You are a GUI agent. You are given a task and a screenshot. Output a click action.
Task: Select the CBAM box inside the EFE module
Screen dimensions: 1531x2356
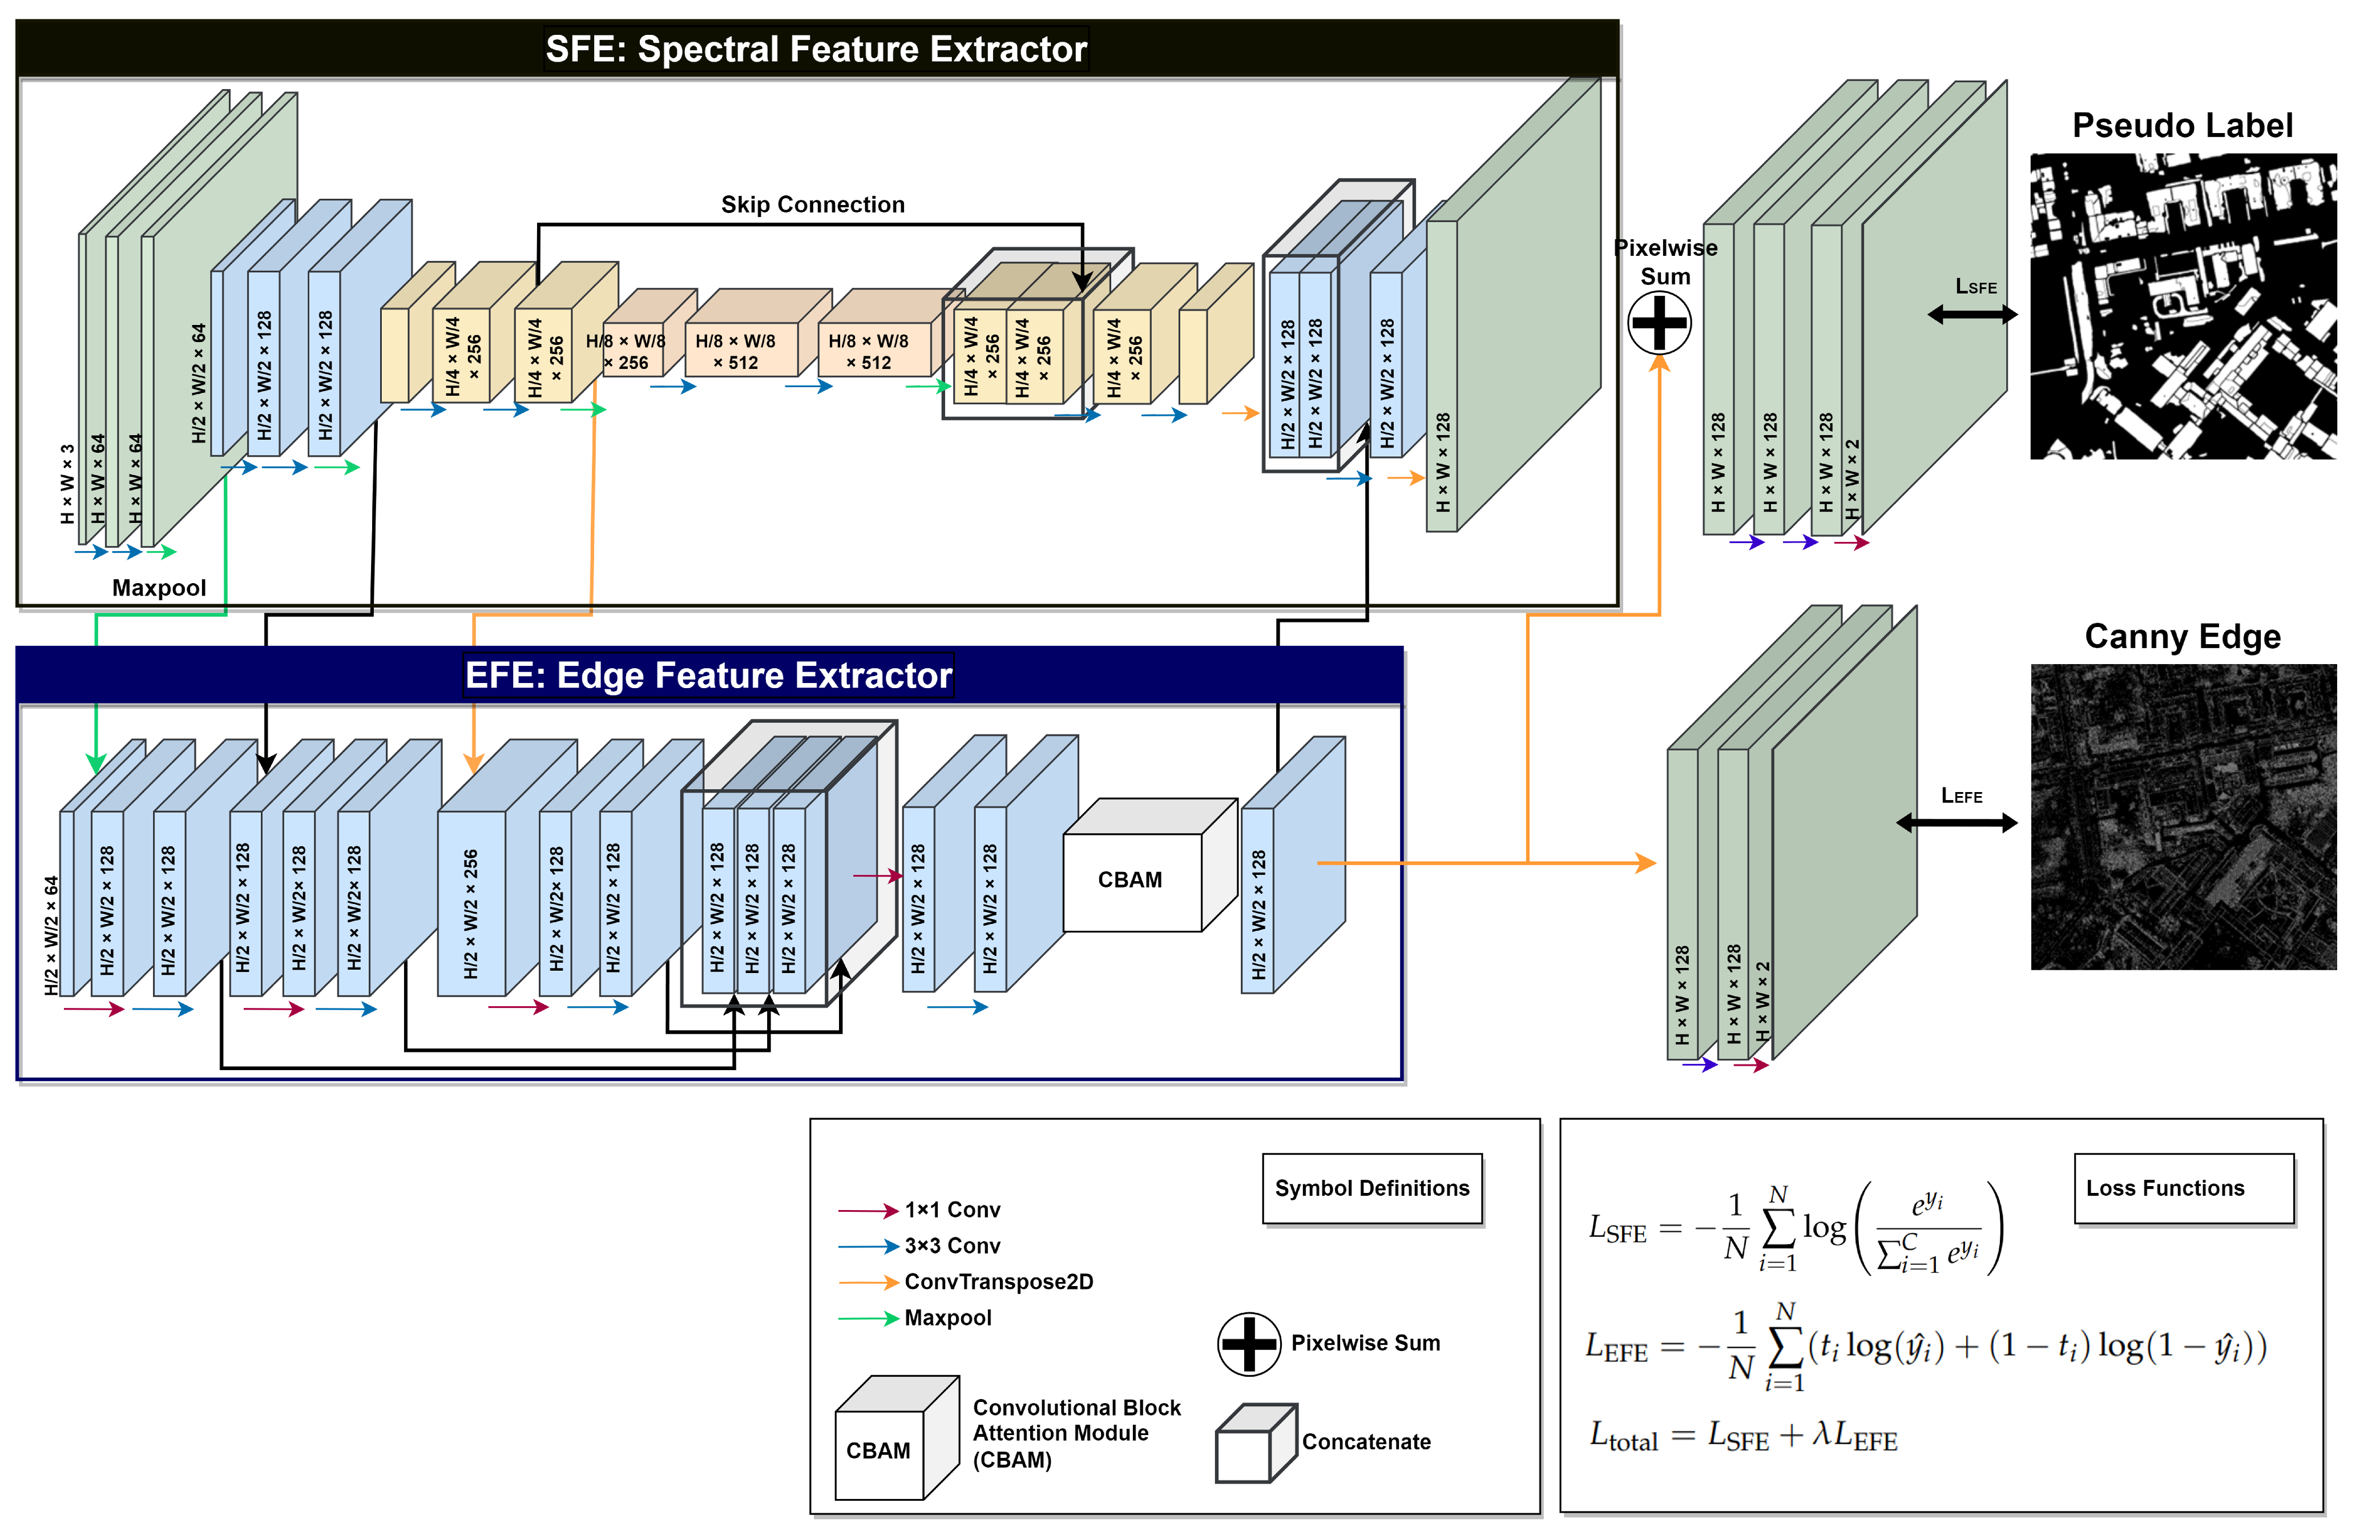pyautogui.click(x=1131, y=879)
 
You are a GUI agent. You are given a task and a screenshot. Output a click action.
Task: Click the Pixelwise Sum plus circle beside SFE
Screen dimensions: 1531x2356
pyautogui.click(x=1659, y=323)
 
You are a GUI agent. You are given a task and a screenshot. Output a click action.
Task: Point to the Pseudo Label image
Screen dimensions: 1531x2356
pyautogui.click(x=2182, y=306)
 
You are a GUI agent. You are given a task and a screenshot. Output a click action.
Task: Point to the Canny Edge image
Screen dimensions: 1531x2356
pyautogui.click(x=2182, y=817)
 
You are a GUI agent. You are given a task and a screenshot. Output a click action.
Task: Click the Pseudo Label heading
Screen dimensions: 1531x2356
pyautogui.click(x=2182, y=126)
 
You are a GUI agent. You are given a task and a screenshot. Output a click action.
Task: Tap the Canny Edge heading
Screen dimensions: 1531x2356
pyautogui.click(x=2182, y=636)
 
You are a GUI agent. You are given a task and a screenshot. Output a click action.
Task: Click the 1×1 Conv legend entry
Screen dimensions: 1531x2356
pyautogui.click(x=950, y=1210)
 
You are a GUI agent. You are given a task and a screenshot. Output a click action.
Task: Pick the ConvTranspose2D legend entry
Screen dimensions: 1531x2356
pyautogui.click(x=997, y=1281)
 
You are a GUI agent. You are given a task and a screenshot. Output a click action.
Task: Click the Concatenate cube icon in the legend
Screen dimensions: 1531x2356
pyautogui.click(x=1254, y=1444)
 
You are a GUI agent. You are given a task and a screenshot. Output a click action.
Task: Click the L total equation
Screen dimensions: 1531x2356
pyautogui.click(x=1742, y=1436)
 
